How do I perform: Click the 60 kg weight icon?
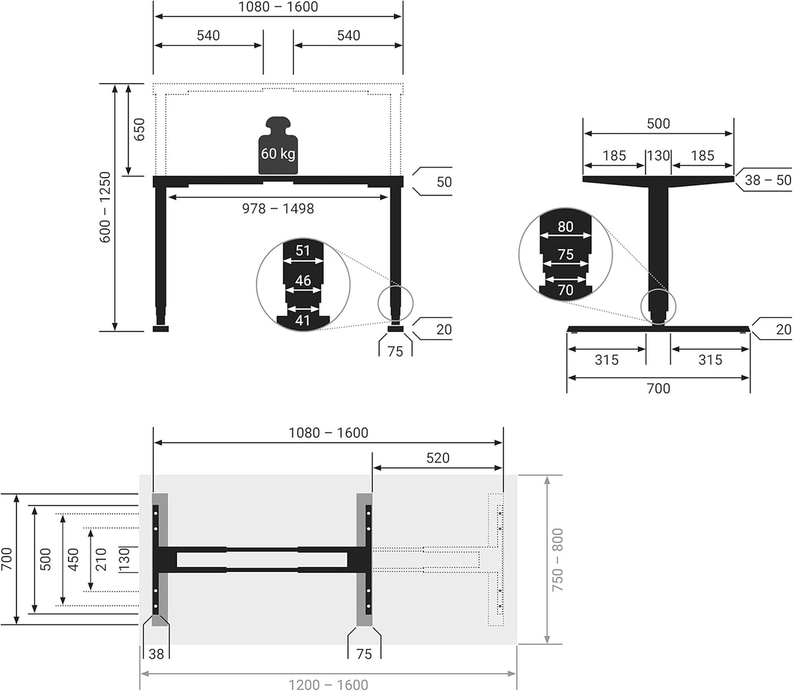point(278,145)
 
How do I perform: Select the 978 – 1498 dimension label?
point(278,209)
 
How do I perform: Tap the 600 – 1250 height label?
point(105,207)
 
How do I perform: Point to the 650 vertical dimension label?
point(139,129)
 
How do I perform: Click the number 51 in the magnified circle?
point(303,250)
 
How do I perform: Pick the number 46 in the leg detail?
point(303,280)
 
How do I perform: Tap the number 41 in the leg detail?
point(303,320)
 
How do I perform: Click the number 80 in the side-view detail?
point(566,226)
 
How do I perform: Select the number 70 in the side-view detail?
point(566,290)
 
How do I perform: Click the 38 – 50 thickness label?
point(768,180)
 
